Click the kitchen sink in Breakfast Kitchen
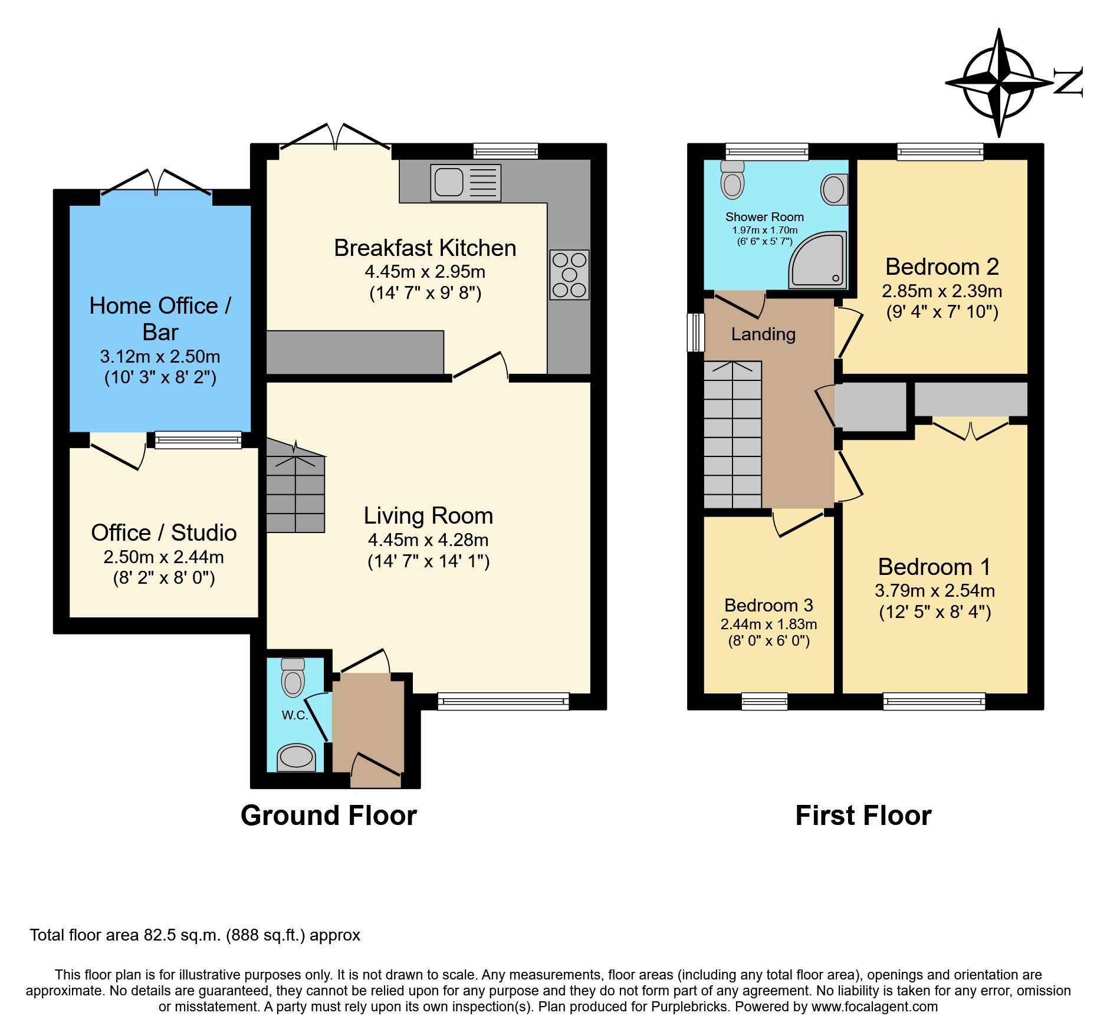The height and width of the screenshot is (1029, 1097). (x=465, y=182)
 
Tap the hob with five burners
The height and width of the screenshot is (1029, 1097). (x=569, y=275)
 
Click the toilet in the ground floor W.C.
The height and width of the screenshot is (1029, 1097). (x=293, y=678)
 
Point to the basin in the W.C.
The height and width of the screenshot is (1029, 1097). (x=296, y=757)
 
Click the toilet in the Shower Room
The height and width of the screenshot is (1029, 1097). (x=733, y=179)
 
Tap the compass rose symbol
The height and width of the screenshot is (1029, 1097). (x=999, y=83)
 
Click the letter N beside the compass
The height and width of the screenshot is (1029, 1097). (x=1068, y=82)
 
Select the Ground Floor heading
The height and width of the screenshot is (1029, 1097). (x=329, y=816)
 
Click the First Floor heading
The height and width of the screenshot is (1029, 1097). (x=863, y=816)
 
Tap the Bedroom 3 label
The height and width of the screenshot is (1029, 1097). (x=768, y=605)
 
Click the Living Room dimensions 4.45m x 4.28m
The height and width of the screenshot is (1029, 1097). (x=428, y=540)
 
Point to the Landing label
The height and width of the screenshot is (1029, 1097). (x=763, y=334)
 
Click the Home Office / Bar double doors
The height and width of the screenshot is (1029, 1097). (x=156, y=183)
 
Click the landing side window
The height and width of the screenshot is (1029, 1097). (x=697, y=332)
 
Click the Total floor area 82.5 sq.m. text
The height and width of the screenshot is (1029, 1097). (x=195, y=935)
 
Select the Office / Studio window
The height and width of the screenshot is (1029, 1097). (x=198, y=440)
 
